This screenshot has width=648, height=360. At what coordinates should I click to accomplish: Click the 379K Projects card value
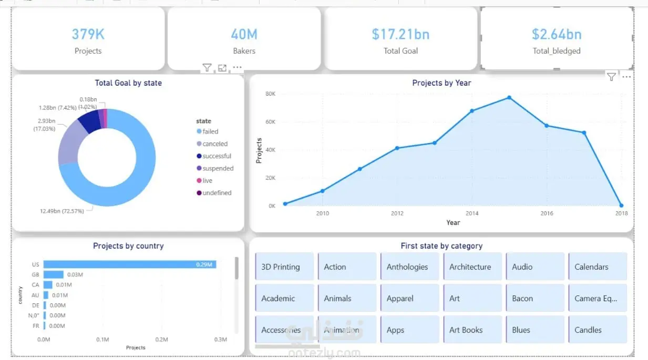tap(88, 34)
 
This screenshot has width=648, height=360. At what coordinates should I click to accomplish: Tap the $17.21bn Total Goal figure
tap(400, 34)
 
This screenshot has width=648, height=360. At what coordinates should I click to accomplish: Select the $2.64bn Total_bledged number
tap(557, 34)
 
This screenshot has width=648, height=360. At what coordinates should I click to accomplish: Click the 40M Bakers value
tap(244, 34)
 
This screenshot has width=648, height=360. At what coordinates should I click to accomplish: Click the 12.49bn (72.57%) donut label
tap(62, 211)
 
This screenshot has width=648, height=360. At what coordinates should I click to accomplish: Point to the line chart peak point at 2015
tap(509, 98)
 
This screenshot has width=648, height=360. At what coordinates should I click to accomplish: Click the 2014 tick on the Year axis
tap(472, 213)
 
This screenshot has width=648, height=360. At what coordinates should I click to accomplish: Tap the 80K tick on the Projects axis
tap(271, 94)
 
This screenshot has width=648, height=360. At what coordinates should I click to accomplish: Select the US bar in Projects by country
tap(129, 264)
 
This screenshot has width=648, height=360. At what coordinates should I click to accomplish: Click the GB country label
tap(36, 274)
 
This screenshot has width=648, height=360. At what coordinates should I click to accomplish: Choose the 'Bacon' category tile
tap(535, 298)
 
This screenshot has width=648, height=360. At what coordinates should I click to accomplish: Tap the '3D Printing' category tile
tap(284, 266)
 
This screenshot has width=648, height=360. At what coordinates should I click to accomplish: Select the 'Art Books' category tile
tap(472, 330)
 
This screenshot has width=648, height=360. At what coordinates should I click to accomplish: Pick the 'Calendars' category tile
tap(598, 266)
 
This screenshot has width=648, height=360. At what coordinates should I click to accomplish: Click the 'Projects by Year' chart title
tap(441, 83)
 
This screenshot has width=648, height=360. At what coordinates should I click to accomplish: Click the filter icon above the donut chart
tap(207, 68)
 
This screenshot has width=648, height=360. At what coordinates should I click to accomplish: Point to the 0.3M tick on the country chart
tap(221, 340)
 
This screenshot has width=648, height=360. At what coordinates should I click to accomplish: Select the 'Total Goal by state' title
tap(128, 83)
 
